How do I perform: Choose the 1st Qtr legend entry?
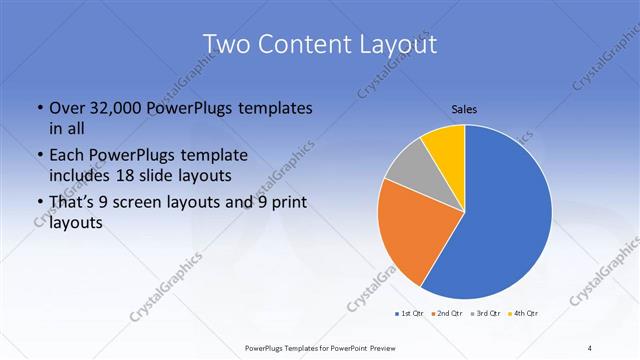(409, 313)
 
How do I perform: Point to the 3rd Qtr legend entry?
(484, 313)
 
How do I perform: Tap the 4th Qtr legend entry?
(523, 313)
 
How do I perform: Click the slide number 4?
(590, 348)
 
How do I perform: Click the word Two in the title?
(226, 44)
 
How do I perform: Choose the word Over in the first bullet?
(68, 107)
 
